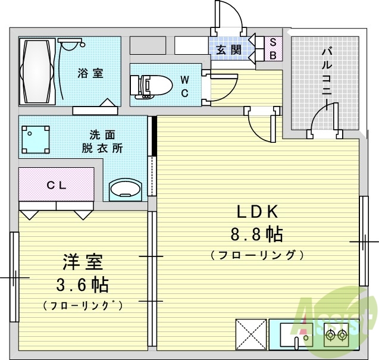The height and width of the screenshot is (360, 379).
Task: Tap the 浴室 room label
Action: pyautogui.click(x=90, y=74)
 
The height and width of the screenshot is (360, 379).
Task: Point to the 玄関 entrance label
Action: pyautogui.click(x=228, y=50)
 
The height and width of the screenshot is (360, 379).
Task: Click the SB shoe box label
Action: pyautogui.click(x=272, y=49)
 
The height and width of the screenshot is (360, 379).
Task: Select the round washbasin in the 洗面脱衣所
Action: pyautogui.click(x=126, y=189)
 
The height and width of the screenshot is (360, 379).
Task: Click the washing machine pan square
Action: pyautogui.click(x=36, y=139)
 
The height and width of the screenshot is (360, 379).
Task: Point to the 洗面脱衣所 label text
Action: pyautogui.click(x=102, y=142)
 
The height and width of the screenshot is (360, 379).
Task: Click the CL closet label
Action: pyautogui.click(x=57, y=185)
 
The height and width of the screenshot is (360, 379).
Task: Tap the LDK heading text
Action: pyautogui.click(x=258, y=212)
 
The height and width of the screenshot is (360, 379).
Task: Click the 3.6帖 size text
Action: pyautogui.click(x=82, y=284)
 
